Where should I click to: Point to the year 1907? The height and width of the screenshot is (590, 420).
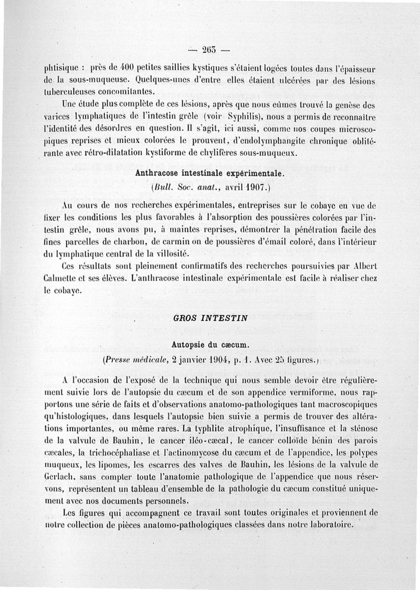[257, 187]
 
